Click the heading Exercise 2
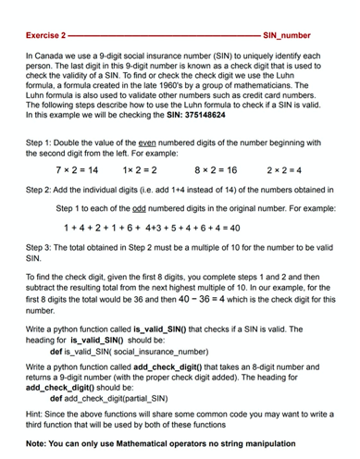46,35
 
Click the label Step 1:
41,143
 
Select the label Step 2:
41,188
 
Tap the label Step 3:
41,248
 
